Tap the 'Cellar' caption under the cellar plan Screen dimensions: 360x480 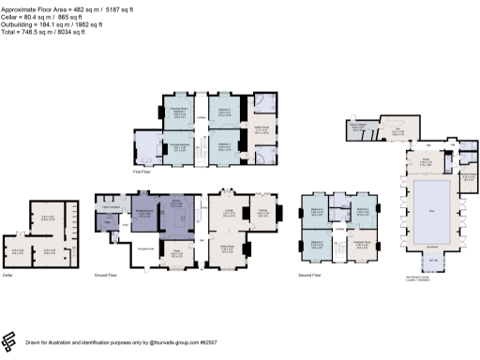coord(8,276)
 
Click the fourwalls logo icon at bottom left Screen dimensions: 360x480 coord(11,339)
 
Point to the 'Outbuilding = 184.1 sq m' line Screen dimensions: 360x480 coord(56,23)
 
